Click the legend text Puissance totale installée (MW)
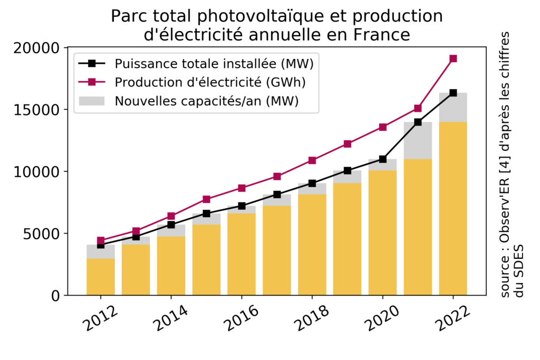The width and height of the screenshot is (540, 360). click(214, 64)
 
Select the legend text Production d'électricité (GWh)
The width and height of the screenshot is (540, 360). click(210, 82)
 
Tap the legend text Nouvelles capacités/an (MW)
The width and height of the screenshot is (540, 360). click(207, 101)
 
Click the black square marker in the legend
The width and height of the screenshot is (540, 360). click(92, 63)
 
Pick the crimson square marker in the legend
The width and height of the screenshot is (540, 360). click(92, 82)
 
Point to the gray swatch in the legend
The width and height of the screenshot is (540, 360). click(92, 101)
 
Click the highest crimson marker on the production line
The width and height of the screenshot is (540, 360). click(453, 59)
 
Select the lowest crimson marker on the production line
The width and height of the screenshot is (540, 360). click(101, 240)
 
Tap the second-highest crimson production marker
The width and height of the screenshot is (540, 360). click(418, 108)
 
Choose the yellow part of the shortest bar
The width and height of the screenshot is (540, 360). click(101, 277)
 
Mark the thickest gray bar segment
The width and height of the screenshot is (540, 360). click(418, 140)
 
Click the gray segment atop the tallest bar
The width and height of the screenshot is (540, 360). click(453, 108)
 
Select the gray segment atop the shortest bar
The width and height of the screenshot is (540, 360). click(101, 252)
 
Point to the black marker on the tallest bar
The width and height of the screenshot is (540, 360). click(453, 93)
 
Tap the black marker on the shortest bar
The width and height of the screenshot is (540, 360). click(101, 245)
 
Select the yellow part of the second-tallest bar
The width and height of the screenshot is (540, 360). click(418, 227)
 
